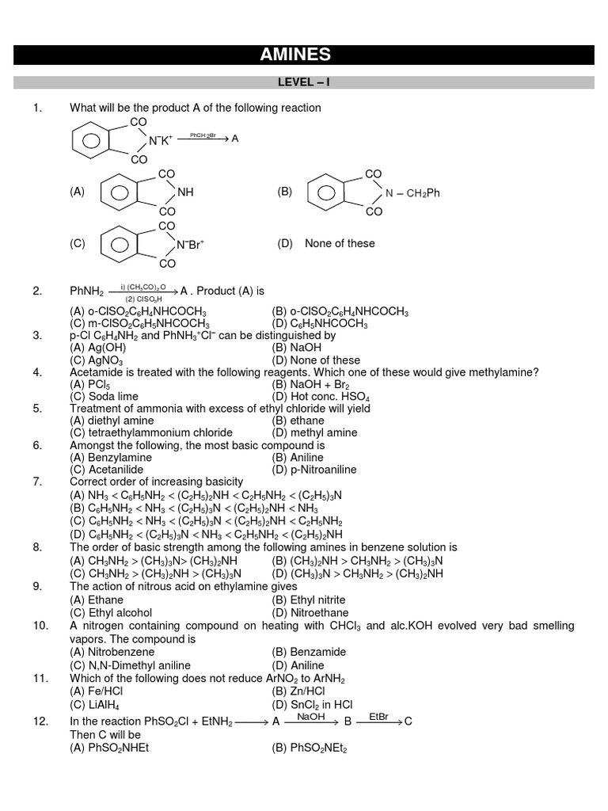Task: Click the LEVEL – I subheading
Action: (x=303, y=82)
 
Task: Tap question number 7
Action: (x=37, y=482)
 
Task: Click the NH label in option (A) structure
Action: (x=185, y=192)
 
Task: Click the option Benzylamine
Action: (x=105, y=457)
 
